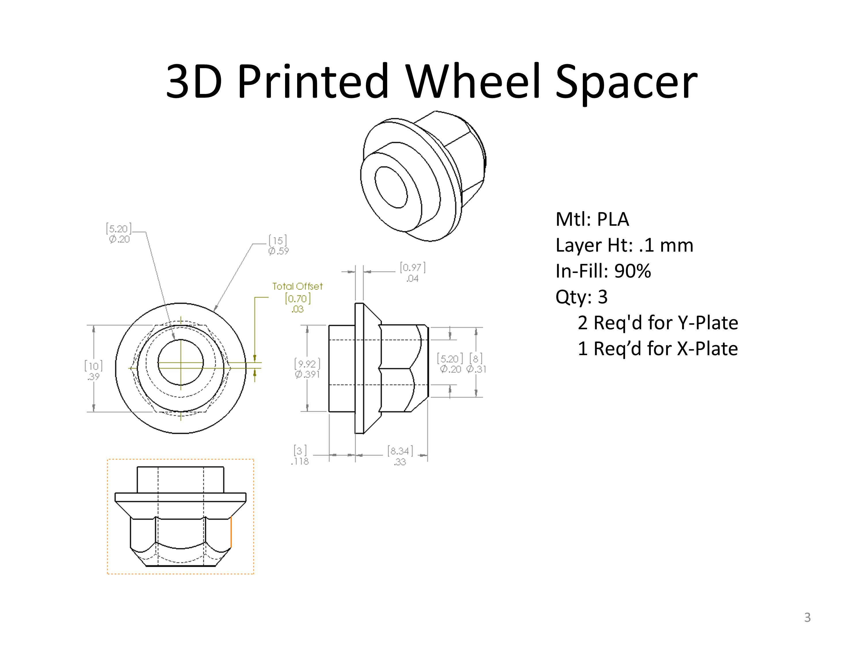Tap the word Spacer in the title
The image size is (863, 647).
coord(627,84)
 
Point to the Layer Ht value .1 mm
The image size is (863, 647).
coord(666,245)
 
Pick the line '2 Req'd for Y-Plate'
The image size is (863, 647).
coord(658,323)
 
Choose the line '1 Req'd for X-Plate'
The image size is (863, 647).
coord(658,348)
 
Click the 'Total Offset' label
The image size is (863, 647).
coord(297,286)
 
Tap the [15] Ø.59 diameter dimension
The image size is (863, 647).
coord(278,245)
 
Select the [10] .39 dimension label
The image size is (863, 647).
coord(93,371)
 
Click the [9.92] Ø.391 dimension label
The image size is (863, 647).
coord(307,369)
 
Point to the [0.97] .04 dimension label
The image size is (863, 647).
coord(413,273)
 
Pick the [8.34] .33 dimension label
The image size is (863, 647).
coord(400,456)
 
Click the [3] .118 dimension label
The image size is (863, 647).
coord(300,455)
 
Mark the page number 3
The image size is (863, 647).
coord(807,617)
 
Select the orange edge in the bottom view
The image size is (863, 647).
coord(231,532)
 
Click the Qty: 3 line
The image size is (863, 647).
coord(582,297)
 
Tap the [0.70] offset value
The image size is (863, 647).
coord(298,299)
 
